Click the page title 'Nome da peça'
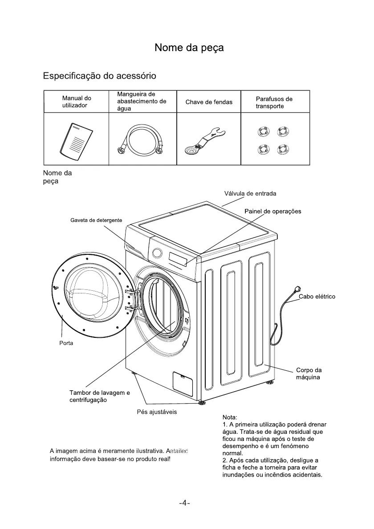coord(189,48)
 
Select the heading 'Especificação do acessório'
coord(99,76)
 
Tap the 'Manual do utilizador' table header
coord(77,102)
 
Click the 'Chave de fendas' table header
coord(209,102)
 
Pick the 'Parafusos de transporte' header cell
coord(274,103)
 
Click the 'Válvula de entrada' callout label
coord(250,193)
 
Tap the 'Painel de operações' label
coord(272,211)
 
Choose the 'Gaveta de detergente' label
coord(96,220)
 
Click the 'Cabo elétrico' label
coord(317,297)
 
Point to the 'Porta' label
coord(66,343)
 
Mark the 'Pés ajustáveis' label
coord(157,412)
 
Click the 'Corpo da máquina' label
coord(309,374)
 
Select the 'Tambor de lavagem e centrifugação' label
coord(99,396)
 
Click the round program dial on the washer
coord(157,253)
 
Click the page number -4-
coord(184,503)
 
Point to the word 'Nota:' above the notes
coord(230,417)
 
